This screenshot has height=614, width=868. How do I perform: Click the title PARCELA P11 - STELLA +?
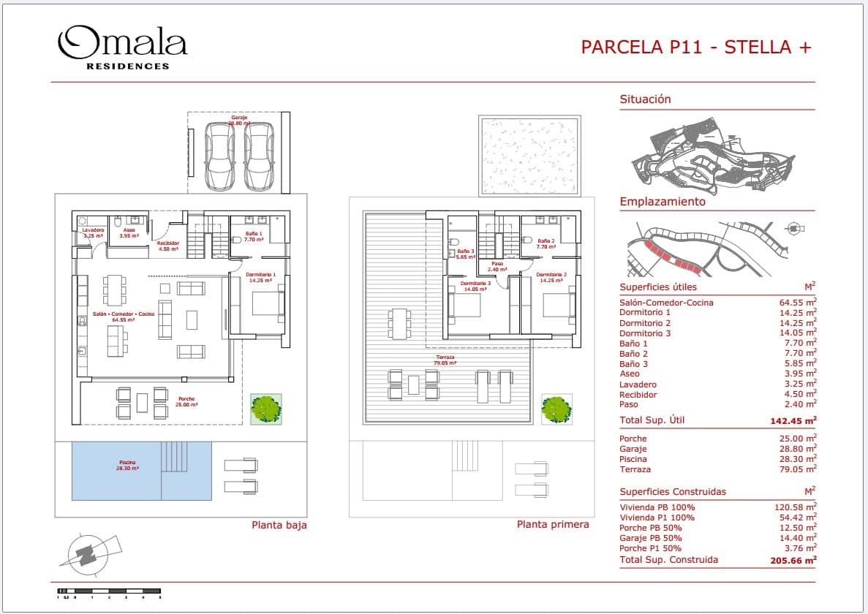tap(695, 48)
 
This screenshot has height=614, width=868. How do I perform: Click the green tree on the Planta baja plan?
tap(265, 409)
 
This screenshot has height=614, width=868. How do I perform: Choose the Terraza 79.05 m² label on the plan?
tap(445, 360)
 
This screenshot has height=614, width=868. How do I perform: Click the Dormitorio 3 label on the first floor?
tap(475, 285)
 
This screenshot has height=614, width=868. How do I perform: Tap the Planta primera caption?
tap(552, 524)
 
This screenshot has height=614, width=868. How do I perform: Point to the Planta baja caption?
tap(279, 525)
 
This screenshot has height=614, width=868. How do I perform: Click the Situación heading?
tap(645, 99)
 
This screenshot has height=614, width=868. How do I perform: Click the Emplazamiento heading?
tap(663, 202)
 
